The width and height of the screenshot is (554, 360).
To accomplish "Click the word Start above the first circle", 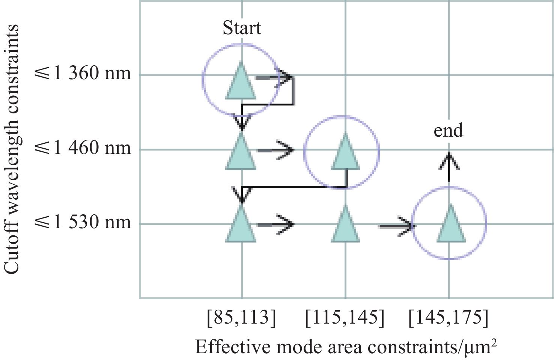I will (x=242, y=28).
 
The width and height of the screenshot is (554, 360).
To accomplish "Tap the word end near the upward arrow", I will (x=448, y=130).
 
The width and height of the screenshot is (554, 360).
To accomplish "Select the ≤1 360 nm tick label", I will (x=83, y=73).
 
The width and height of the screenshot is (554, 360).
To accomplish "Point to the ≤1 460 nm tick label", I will (x=83, y=148).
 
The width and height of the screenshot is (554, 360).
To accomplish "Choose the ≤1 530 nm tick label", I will (x=83, y=222).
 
